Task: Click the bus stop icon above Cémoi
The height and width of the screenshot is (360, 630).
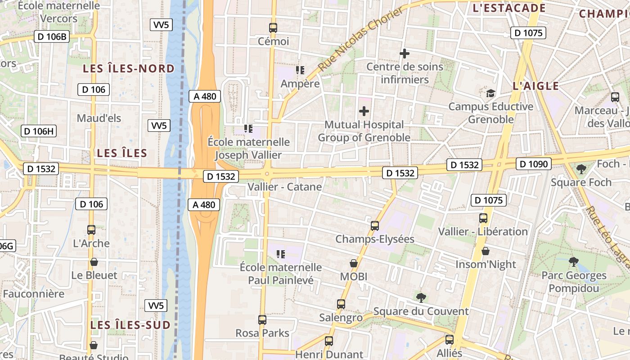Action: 273,27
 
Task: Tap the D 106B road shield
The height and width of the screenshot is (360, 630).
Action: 52,36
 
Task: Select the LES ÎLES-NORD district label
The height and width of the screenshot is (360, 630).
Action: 129,68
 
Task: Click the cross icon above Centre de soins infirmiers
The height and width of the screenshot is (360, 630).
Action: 404,54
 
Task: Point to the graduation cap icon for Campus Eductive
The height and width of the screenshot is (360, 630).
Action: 490,93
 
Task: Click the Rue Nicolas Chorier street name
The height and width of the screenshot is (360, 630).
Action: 361,39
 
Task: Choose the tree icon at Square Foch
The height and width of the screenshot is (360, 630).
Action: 581,169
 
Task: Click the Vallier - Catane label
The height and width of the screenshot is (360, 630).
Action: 285,187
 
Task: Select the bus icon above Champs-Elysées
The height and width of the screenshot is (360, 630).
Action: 374,226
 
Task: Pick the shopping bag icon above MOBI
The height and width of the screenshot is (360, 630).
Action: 354,263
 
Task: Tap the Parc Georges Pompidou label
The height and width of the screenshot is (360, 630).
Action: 574,282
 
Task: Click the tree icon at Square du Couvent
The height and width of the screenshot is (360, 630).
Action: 421,297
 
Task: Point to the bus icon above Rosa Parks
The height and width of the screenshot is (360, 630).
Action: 262,320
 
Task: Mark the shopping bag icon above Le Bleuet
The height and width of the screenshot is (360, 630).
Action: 94,262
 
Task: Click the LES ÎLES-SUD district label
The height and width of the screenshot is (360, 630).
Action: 130,325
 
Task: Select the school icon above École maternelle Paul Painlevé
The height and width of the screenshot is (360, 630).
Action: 281,254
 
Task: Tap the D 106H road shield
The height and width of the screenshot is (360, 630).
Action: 39,131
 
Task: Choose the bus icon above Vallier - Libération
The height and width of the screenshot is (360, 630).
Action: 483,218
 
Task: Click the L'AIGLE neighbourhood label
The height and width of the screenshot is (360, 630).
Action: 536,86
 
